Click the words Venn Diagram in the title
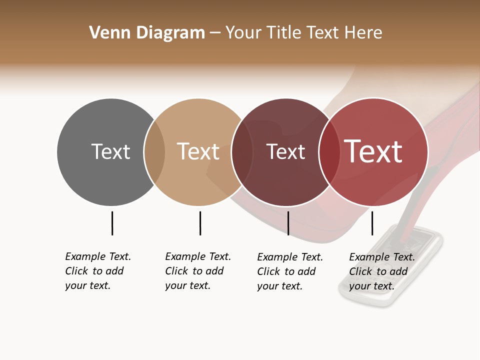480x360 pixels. pos(147,33)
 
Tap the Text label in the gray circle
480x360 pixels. pos(110,151)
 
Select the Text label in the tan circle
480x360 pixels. pos(198,151)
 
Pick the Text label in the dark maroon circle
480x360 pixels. pos(285,151)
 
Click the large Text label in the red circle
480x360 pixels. pos(373,151)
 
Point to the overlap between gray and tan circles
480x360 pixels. pos(154,152)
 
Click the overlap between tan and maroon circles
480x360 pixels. pos(242,152)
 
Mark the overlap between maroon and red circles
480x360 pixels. pos(329,152)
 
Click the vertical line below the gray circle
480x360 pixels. pos(112,223)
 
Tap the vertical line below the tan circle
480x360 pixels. pos(200,223)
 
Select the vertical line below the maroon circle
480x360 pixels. pos(288,223)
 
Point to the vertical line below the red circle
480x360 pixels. pos(372,223)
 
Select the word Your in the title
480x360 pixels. pos(243,33)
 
